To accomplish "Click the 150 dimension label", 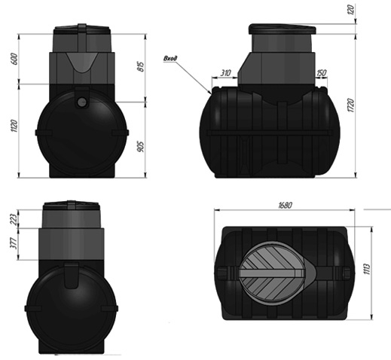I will tap(322, 73).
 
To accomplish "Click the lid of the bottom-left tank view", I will tap(72, 206).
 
